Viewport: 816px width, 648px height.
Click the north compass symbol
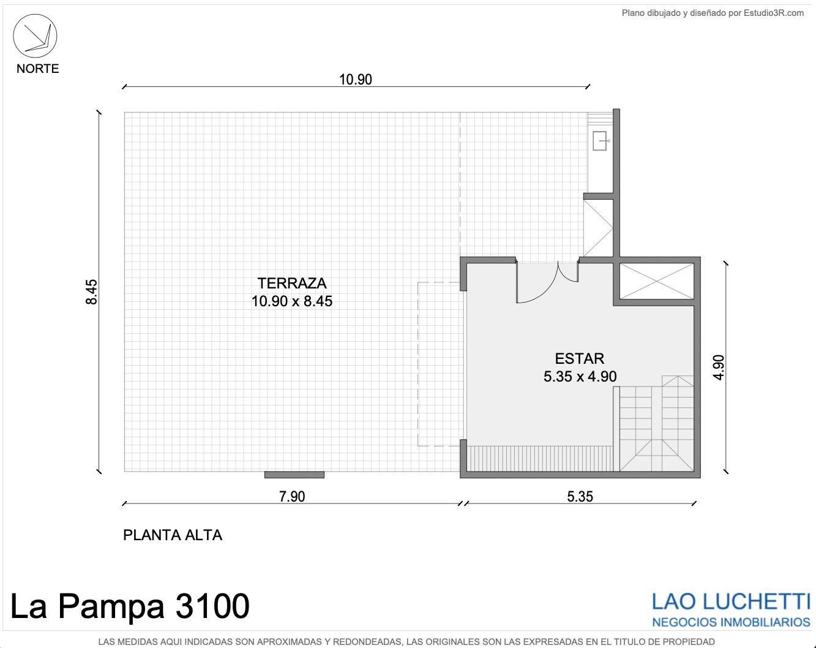(x=36, y=36)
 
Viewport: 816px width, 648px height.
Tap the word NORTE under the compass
(x=37, y=69)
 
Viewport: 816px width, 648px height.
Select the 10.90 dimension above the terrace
(x=355, y=80)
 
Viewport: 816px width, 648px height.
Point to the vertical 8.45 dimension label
(x=92, y=292)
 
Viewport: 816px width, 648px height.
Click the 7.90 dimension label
(x=292, y=497)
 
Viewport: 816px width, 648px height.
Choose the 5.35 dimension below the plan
(x=580, y=497)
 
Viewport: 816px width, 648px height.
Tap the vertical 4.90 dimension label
(x=719, y=367)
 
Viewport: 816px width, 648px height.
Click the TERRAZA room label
(x=292, y=284)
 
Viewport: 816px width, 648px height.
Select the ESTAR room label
(x=579, y=358)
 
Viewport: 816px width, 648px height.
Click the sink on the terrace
(x=601, y=141)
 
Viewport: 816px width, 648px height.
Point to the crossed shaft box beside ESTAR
(x=657, y=281)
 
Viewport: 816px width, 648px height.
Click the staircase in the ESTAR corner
(x=656, y=423)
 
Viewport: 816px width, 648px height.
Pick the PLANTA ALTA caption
(x=173, y=535)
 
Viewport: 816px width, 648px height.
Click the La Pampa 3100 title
(x=130, y=606)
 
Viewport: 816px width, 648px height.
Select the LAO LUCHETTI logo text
(x=731, y=602)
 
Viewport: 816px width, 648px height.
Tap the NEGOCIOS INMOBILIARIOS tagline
(x=731, y=622)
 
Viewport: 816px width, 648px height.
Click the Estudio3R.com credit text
(x=713, y=13)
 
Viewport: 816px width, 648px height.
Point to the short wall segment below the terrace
(x=294, y=475)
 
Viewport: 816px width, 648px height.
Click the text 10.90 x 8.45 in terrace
(x=292, y=301)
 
